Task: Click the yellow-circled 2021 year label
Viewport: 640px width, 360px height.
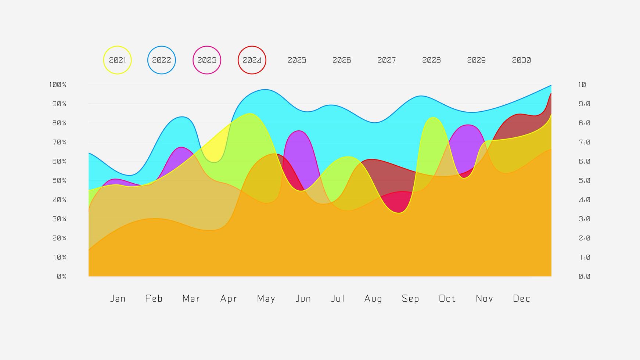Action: (x=117, y=60)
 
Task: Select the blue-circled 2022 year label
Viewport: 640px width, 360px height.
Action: (x=162, y=60)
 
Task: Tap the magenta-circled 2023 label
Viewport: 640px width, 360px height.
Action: (x=207, y=60)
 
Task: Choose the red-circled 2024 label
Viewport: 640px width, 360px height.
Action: (x=252, y=60)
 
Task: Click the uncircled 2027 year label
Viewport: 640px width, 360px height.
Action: (x=386, y=60)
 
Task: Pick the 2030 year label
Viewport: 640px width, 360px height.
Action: (x=521, y=60)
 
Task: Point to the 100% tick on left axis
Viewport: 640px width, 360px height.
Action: (x=58, y=85)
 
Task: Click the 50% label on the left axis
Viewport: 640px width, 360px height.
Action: (x=60, y=181)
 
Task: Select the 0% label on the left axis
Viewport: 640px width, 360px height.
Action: (x=62, y=277)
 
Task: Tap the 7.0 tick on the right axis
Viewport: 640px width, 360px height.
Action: (x=585, y=142)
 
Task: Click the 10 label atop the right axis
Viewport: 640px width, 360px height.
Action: (x=582, y=85)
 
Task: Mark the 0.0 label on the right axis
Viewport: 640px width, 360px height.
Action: (x=585, y=277)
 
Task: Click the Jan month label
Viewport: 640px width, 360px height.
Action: (x=118, y=299)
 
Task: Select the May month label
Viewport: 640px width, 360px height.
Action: (x=266, y=299)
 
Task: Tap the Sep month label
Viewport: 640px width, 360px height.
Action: (x=410, y=299)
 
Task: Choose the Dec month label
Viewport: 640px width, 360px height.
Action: (x=522, y=299)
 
